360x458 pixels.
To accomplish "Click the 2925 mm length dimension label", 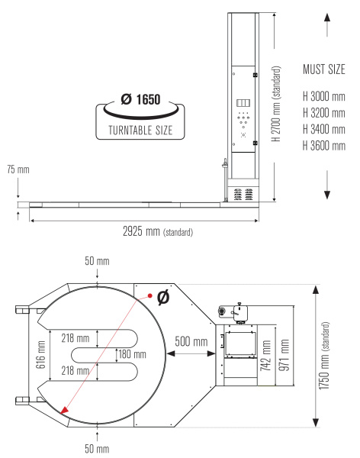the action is [x=158, y=231].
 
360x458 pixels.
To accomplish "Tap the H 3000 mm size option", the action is [x=324, y=96].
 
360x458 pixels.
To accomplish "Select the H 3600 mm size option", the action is [x=324, y=146].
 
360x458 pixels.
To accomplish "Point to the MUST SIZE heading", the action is [x=324, y=69].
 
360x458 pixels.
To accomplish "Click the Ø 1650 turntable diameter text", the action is [x=141, y=99].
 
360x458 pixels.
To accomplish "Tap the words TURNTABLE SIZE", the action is [x=140, y=131].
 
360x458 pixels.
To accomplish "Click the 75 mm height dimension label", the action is [x=18, y=169].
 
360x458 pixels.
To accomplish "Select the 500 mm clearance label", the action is [x=191, y=341].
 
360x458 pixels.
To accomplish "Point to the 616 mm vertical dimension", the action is [x=41, y=355].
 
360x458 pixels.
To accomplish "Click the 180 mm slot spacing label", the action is [x=132, y=354].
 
